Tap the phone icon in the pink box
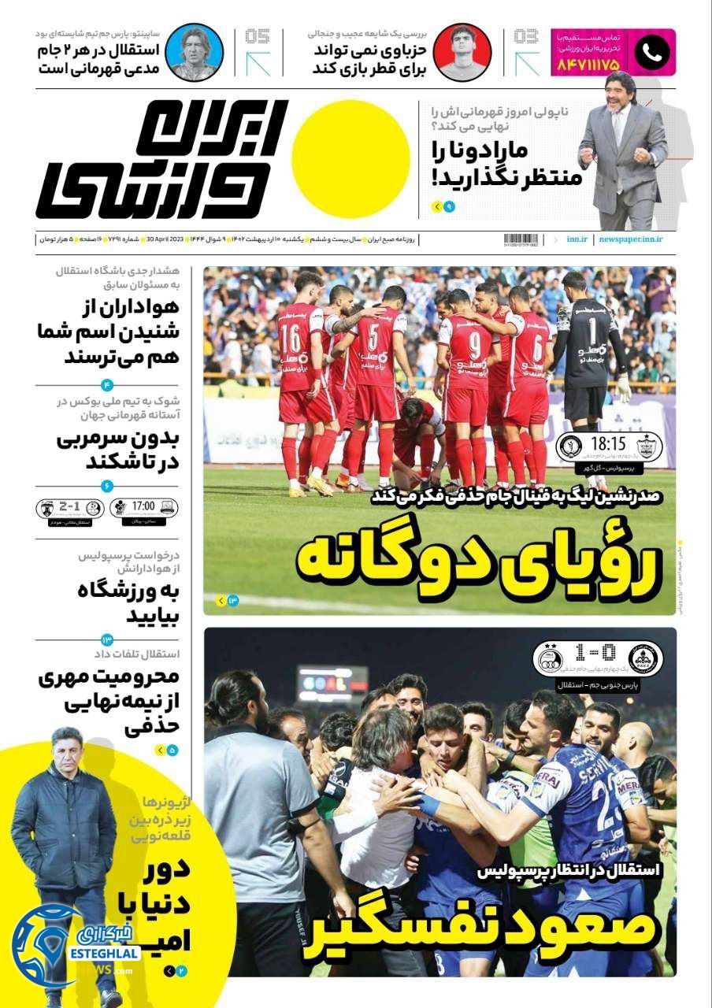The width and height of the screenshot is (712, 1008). [653, 52]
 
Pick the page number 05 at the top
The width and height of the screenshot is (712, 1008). [257, 35]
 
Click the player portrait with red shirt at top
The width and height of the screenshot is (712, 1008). [464, 53]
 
